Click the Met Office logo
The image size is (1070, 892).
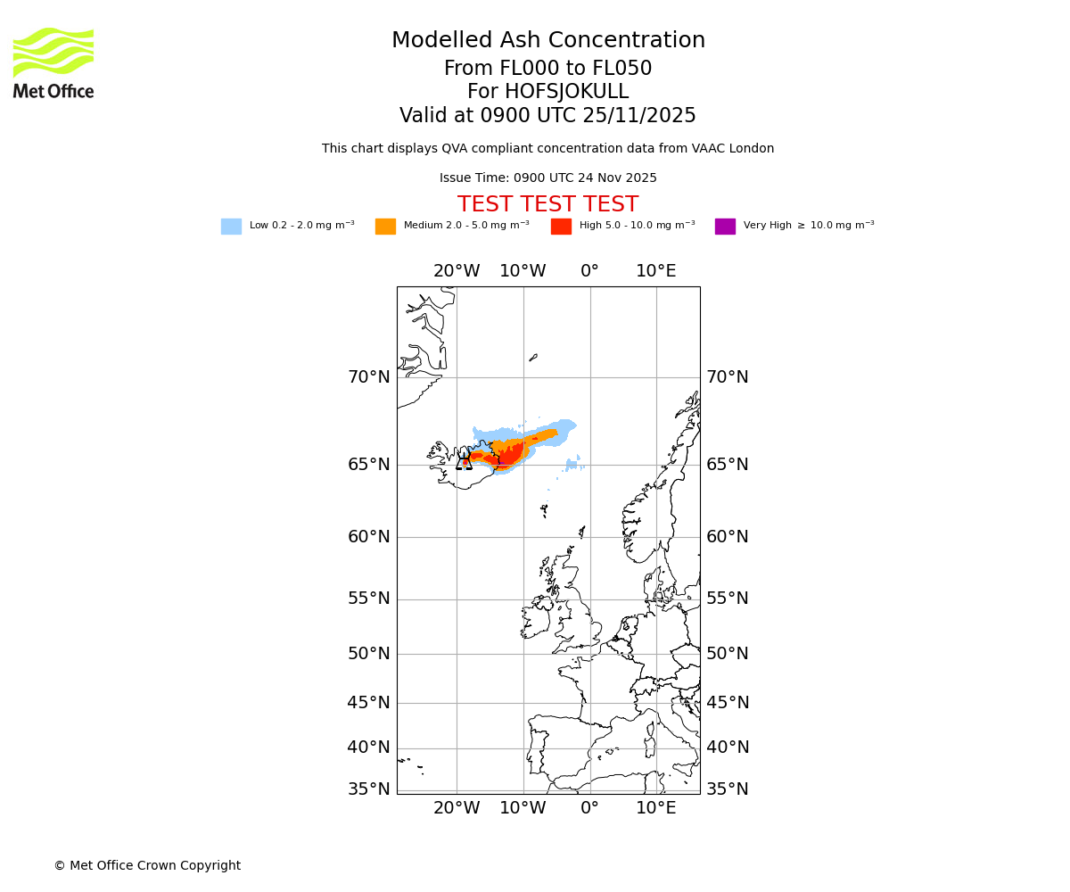(x=53, y=62)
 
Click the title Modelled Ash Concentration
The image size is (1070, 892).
(x=548, y=41)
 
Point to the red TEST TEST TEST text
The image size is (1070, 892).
(x=547, y=205)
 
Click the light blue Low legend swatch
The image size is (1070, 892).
(x=231, y=227)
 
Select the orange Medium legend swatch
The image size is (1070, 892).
(x=385, y=227)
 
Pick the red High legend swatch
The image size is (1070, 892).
(x=561, y=227)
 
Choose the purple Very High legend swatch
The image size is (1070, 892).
(x=725, y=227)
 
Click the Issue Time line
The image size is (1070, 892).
(x=547, y=178)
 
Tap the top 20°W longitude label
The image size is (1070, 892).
(x=457, y=271)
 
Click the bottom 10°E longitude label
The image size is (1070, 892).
(x=655, y=808)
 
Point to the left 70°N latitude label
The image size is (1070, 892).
(x=368, y=377)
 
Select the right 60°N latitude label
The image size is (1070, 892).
(x=727, y=537)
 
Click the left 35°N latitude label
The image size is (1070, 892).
(x=368, y=789)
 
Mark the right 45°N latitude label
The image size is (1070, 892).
(x=727, y=703)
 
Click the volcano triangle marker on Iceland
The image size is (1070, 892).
(x=464, y=462)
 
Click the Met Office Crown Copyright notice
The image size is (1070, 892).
(x=147, y=866)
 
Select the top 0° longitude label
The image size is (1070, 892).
(x=589, y=271)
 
